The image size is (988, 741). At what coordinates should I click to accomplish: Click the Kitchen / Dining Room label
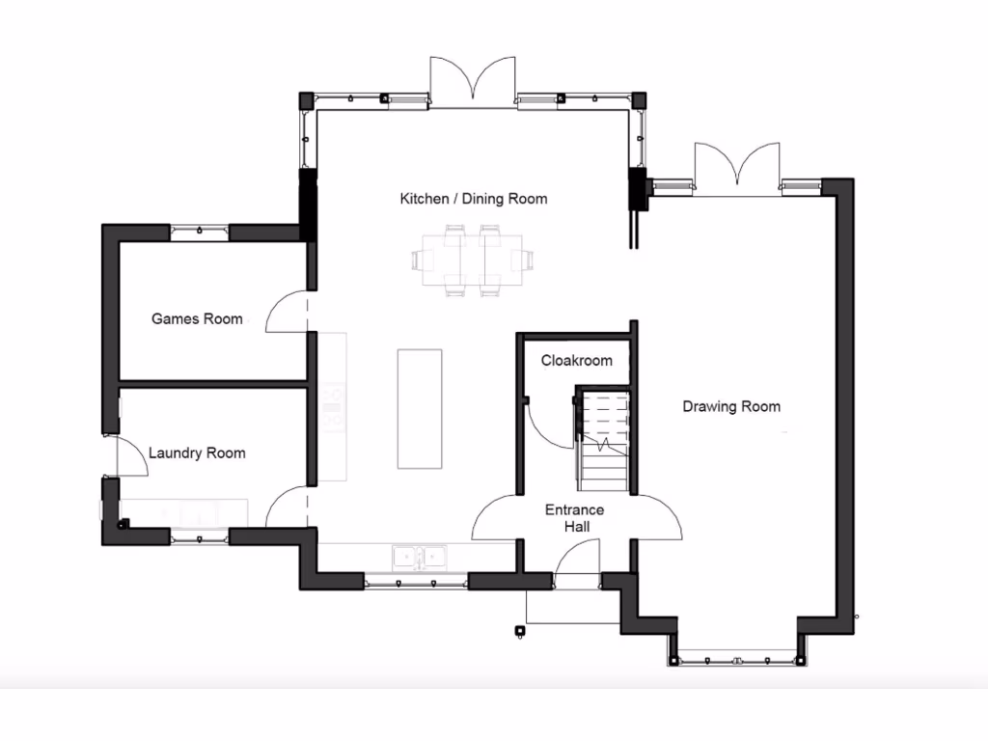click(x=473, y=199)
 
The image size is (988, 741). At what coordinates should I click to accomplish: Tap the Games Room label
click(x=197, y=318)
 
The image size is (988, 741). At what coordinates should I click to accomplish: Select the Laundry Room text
click(x=197, y=453)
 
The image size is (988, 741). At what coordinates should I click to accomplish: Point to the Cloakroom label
click(x=576, y=361)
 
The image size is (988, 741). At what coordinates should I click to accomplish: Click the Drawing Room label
click(x=731, y=406)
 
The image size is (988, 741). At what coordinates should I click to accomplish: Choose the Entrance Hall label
click(x=574, y=518)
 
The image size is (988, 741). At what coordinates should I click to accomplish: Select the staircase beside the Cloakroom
click(x=604, y=440)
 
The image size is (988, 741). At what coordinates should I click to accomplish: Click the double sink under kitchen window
click(x=420, y=556)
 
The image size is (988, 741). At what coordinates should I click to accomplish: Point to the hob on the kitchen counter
click(x=334, y=405)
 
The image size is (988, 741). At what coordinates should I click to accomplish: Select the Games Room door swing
click(x=287, y=312)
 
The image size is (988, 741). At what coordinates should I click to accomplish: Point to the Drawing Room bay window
click(x=736, y=660)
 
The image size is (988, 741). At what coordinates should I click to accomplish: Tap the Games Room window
click(x=200, y=231)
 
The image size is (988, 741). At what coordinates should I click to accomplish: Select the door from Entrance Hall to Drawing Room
click(x=656, y=517)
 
